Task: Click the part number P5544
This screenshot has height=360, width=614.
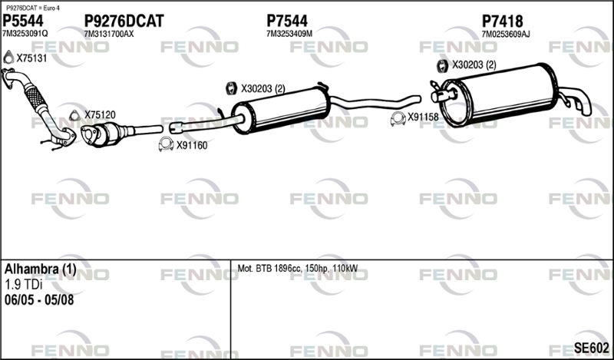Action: tap(23, 21)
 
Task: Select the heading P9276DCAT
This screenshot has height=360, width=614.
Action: tap(124, 21)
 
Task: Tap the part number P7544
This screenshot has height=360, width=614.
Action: tap(286, 21)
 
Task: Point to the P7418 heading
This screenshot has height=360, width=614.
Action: tap(502, 21)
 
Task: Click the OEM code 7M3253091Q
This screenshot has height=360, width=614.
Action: tap(25, 34)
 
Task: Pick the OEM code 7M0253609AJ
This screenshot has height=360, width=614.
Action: tap(506, 35)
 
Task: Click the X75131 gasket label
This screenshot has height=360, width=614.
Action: tap(31, 58)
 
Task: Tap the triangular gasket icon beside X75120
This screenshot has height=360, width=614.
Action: tap(74, 116)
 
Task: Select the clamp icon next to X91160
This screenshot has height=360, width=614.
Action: tap(166, 144)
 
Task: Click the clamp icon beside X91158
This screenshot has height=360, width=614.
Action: tap(398, 119)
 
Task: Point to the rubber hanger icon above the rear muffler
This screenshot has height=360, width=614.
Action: tap(442, 66)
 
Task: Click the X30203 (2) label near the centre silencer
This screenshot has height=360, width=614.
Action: tap(262, 89)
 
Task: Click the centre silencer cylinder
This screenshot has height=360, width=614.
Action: tap(281, 111)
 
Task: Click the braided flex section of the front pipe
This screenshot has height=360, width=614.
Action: tap(35, 98)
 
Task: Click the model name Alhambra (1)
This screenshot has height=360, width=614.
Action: tap(41, 269)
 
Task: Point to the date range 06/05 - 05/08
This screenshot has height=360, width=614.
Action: tap(39, 300)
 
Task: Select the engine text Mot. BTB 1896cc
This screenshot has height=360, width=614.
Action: tap(269, 269)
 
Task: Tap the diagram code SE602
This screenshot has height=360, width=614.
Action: tap(591, 348)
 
